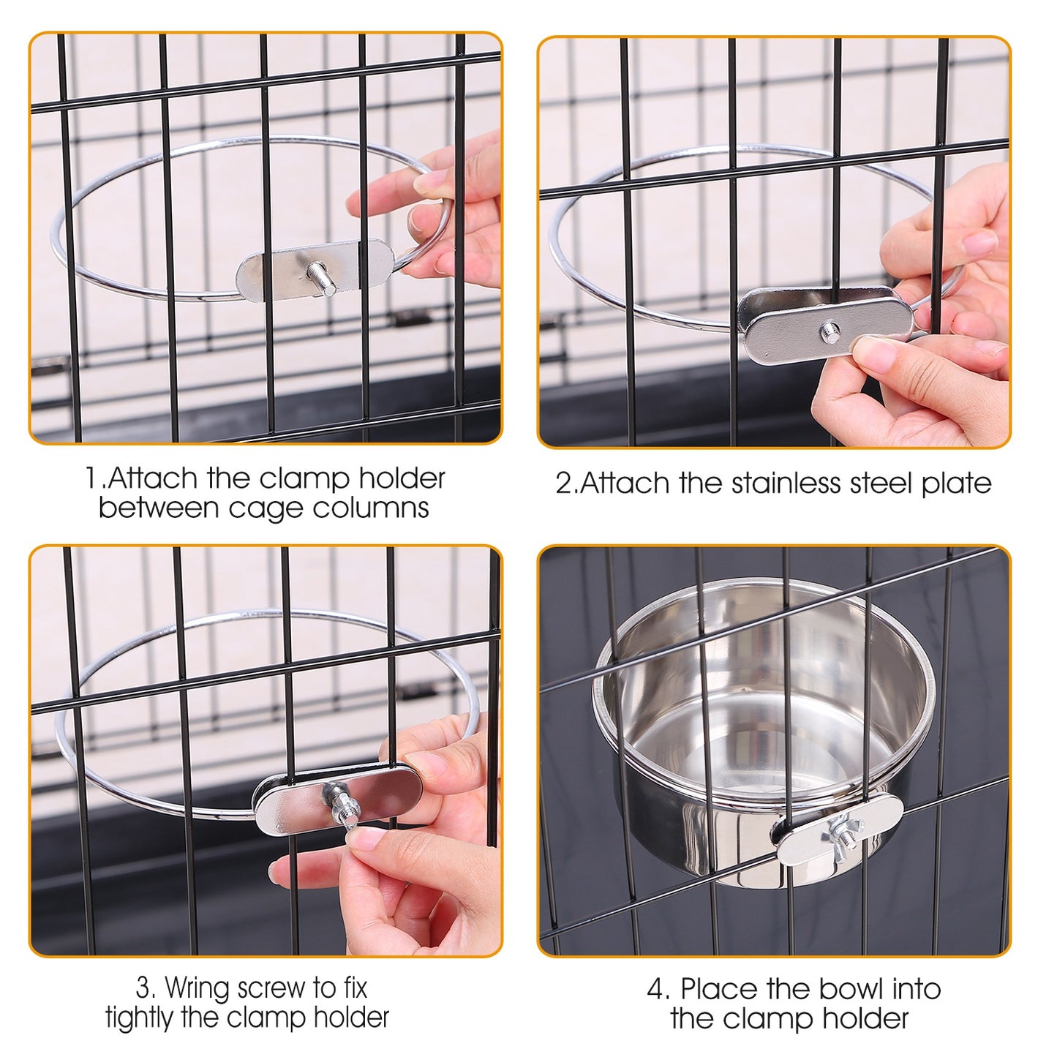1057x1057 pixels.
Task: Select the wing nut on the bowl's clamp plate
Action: point(843,832)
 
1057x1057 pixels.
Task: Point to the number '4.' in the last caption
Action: point(658,990)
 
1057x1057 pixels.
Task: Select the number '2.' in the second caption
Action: point(565,484)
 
